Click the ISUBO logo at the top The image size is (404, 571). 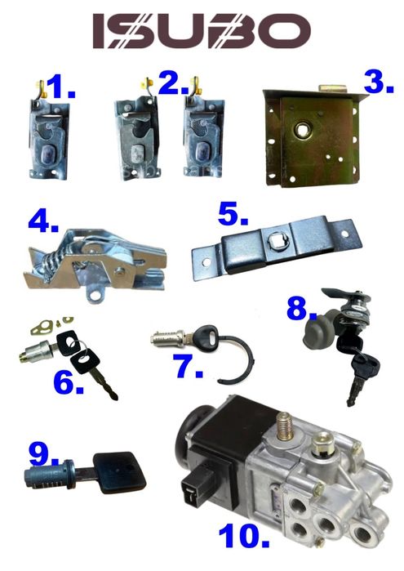pyautogui.click(x=202, y=31)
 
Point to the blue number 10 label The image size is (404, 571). pyautogui.click(x=244, y=536)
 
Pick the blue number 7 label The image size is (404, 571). pyautogui.click(x=189, y=366)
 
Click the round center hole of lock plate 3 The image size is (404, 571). pyautogui.click(x=302, y=129)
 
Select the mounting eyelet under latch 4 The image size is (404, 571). pyautogui.click(x=95, y=293)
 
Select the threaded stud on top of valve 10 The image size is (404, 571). pyautogui.click(x=283, y=426)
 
